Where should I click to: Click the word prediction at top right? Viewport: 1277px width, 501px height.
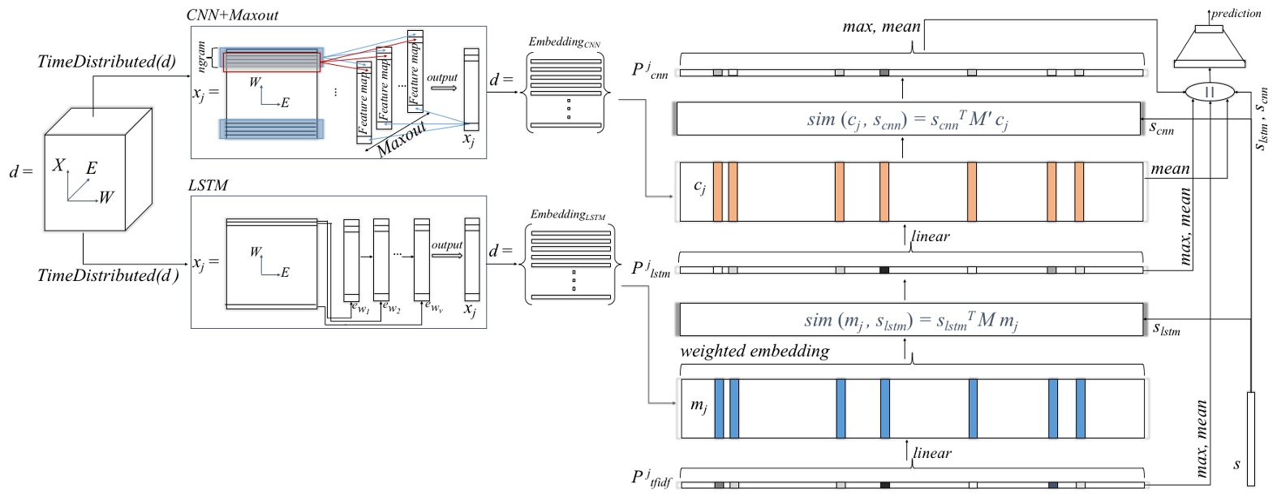click(1236, 13)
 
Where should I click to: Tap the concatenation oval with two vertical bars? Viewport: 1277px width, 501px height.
click(1209, 92)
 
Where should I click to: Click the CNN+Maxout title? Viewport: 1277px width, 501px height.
click(233, 15)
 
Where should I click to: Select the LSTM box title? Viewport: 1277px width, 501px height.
click(209, 185)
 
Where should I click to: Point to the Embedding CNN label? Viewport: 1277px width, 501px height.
click(564, 42)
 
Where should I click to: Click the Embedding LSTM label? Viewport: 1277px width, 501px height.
click(567, 214)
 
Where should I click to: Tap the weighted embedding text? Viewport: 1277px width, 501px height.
click(755, 351)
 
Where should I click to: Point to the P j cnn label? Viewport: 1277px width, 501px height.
click(649, 71)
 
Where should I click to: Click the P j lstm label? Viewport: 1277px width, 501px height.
click(651, 269)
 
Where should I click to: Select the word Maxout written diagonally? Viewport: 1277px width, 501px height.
click(402, 139)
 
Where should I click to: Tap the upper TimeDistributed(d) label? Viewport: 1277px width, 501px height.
click(106, 62)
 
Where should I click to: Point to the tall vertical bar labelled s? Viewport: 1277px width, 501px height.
click(1250, 438)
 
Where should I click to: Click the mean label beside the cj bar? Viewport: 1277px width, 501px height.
click(1170, 169)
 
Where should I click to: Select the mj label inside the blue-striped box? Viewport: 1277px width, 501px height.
click(699, 405)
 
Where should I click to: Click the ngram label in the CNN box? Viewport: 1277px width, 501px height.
click(202, 58)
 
